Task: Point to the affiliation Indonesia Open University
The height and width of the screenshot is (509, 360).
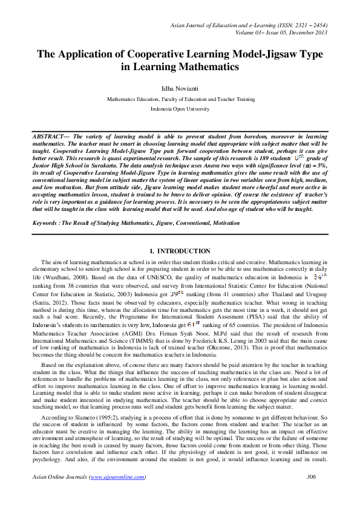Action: [180, 109]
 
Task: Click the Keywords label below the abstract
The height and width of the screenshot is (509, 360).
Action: [48, 223]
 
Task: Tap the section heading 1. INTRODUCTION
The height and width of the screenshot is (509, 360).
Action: [180, 251]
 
